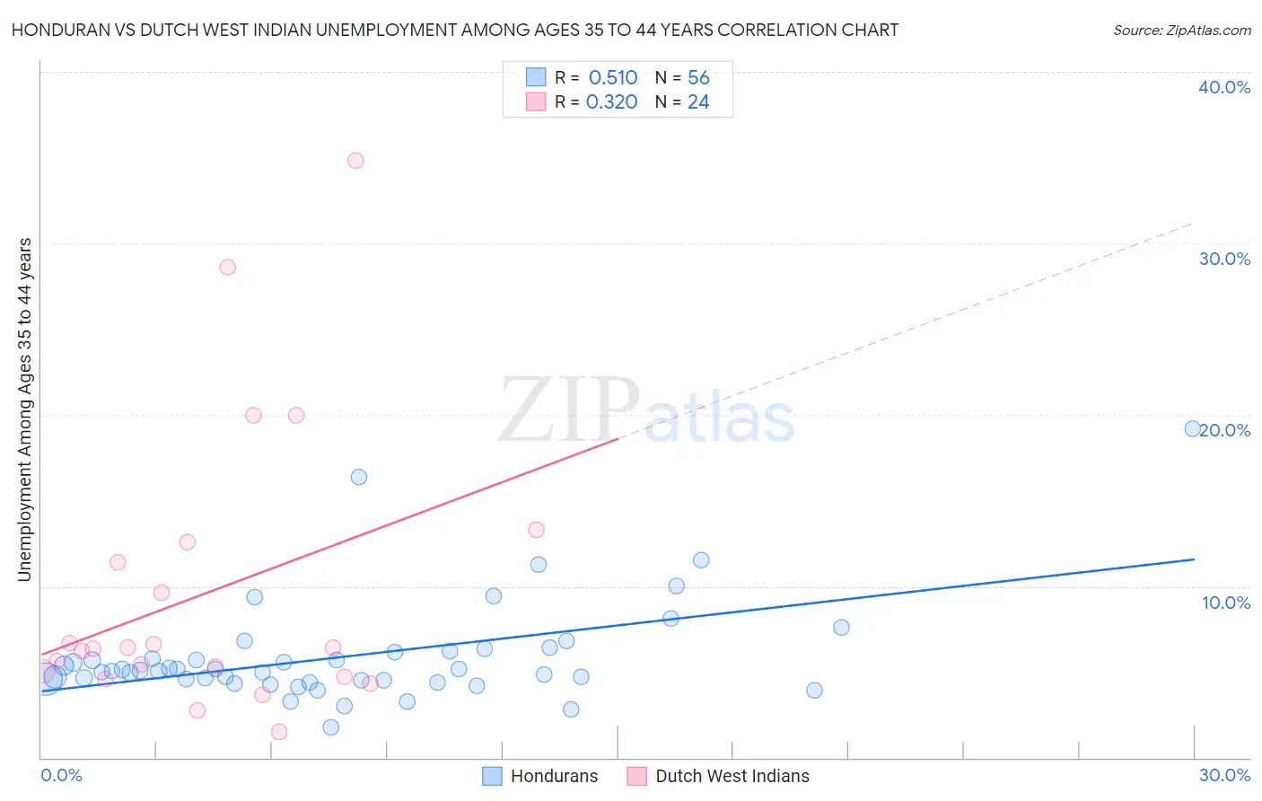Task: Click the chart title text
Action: point(454,30)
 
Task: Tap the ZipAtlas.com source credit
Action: point(1181,30)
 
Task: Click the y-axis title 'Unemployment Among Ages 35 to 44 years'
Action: point(25,409)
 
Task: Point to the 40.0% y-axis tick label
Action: point(1223,87)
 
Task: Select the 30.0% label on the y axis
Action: point(1223,259)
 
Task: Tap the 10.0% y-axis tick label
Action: point(1225,603)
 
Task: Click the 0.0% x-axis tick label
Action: point(61,775)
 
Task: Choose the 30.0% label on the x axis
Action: point(1224,775)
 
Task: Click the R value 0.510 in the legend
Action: point(613,78)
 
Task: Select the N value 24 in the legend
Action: point(698,102)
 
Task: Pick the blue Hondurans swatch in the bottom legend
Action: point(492,776)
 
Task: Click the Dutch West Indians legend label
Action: point(732,776)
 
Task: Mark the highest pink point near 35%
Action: point(355,161)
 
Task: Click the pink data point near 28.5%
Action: point(227,267)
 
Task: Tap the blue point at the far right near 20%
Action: point(1192,428)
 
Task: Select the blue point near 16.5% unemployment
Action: point(359,477)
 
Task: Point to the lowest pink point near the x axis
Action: point(279,732)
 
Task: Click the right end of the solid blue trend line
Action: point(1194,559)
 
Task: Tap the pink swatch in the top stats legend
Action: point(536,101)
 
